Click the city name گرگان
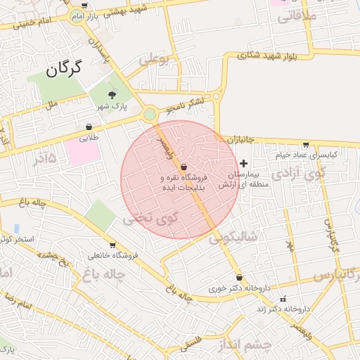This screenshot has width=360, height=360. (64, 68)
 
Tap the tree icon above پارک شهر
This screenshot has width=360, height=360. (111, 94)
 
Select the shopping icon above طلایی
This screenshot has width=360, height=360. (89, 127)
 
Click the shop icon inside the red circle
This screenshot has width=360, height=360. (184, 167)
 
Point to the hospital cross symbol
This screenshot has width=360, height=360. (244, 162)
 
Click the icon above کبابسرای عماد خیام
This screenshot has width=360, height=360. (305, 144)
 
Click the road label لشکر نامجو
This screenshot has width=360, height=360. (185, 106)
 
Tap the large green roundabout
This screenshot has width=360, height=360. (150, 115)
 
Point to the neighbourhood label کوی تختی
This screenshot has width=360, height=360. (150, 219)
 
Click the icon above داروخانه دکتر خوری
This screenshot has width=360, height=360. (240, 278)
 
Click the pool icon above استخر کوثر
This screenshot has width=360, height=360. (16, 229)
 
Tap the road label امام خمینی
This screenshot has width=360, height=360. (27, 23)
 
